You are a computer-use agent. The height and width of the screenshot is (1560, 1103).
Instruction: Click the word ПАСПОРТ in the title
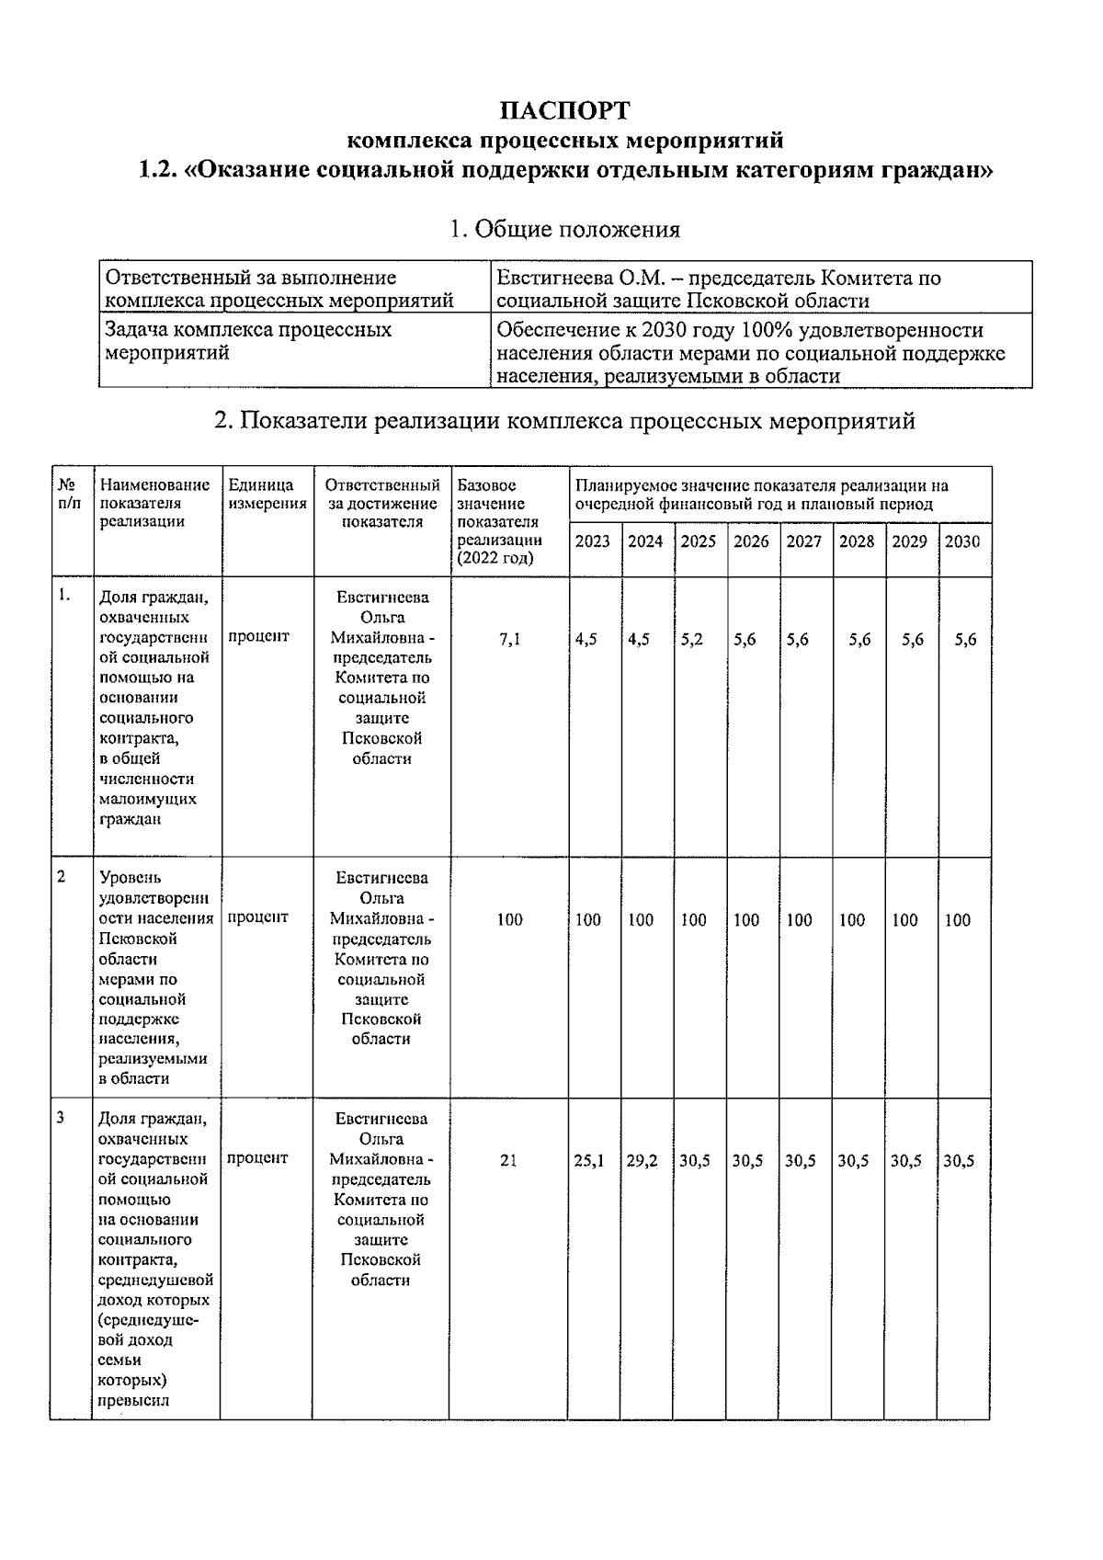pyautogui.click(x=565, y=110)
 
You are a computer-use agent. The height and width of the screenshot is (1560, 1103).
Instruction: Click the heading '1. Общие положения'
pyautogui.click(x=564, y=229)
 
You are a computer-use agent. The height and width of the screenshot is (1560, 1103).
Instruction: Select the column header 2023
pyautogui.click(x=592, y=541)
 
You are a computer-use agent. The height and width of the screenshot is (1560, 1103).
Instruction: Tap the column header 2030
pyautogui.click(x=962, y=541)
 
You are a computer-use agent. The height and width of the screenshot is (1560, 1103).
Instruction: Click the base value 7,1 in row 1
pyautogui.click(x=509, y=640)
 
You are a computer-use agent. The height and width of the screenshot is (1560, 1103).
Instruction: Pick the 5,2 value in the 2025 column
pyautogui.click(x=692, y=640)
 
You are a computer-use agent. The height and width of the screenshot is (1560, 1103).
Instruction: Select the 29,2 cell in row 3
pyautogui.click(x=642, y=1161)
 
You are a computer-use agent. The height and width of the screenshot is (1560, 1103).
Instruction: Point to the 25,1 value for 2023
pyautogui.click(x=589, y=1161)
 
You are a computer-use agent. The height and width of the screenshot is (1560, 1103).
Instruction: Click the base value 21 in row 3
pyautogui.click(x=508, y=1161)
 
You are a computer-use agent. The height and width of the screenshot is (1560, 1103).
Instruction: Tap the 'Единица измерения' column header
pyautogui.click(x=267, y=495)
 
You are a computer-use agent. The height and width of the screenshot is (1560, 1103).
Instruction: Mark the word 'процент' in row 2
pyautogui.click(x=258, y=917)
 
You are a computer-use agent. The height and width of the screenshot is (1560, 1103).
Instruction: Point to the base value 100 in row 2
pyautogui.click(x=509, y=920)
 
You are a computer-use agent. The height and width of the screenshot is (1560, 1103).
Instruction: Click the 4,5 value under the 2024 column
pyautogui.click(x=639, y=640)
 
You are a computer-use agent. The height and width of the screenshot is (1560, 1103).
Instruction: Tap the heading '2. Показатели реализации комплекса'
pyautogui.click(x=564, y=421)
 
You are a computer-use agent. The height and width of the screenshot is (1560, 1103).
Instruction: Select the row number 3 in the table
pyautogui.click(x=61, y=1119)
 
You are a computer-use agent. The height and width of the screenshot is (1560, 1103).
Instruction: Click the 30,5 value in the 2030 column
pyautogui.click(x=960, y=1161)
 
